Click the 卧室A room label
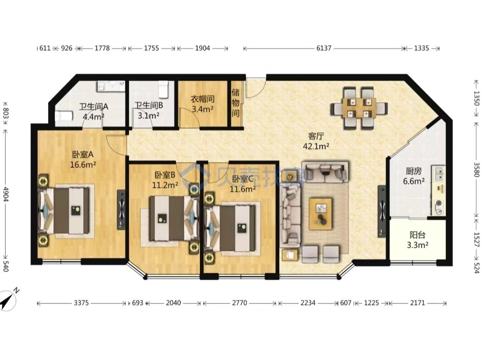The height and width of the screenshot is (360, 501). click(83, 154)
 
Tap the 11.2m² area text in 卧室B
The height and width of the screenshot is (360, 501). click(165, 185)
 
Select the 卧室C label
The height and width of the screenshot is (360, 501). click(243, 179)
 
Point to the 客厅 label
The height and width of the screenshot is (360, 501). click(316, 136)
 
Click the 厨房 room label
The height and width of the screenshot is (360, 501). click(414, 171)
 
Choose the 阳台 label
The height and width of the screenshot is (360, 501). click(417, 235)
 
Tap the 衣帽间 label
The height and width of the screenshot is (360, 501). click(203, 99)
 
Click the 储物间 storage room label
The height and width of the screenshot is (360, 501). click(236, 103)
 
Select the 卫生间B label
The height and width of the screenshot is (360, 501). click(149, 105)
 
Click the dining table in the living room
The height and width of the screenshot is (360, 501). click(360, 108)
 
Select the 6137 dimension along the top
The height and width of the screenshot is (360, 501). click(324, 48)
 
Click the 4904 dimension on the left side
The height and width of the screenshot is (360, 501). click(6, 194)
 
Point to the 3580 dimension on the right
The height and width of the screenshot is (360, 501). click(476, 170)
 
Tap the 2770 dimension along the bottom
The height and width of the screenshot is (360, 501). click(239, 303)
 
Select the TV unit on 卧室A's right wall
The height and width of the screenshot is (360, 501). click(122, 210)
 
